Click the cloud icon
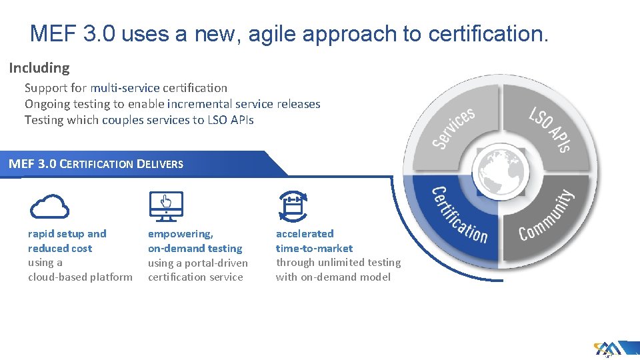pos(49,206)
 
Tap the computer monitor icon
pos(165,206)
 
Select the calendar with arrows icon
pos(292,206)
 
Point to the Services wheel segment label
pos(454,127)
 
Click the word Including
pos(39,68)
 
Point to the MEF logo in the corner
pos(608,349)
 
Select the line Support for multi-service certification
pos(126,88)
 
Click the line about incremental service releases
pos(173,104)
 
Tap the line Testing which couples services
pos(139,120)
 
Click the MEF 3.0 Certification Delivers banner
pos(96,164)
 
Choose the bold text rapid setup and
pos(67,233)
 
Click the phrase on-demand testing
pos(195,248)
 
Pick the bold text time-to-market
pos(315,248)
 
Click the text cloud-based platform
pos(80,277)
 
